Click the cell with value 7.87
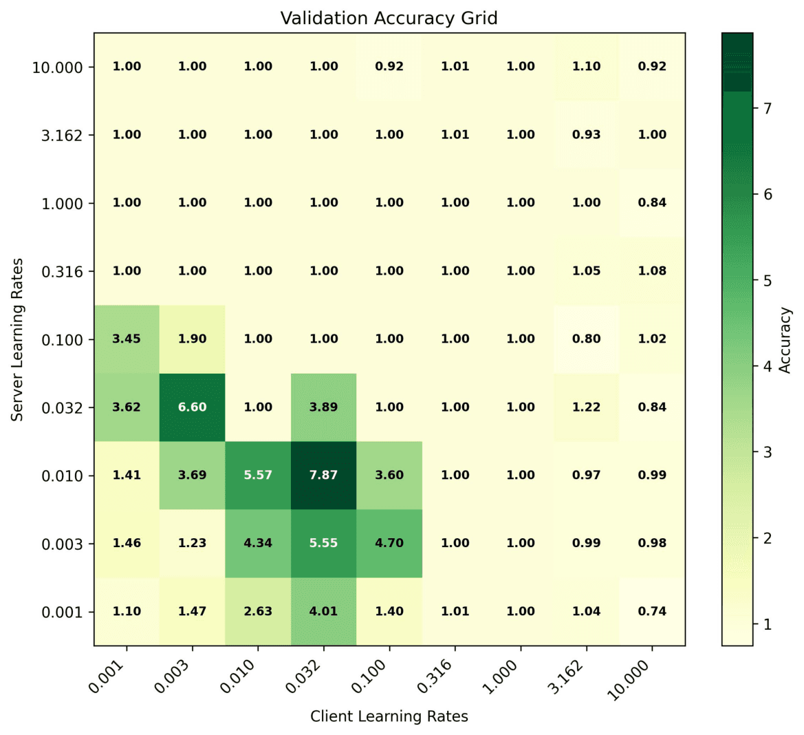point(323,475)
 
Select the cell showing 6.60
point(192,407)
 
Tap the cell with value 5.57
point(258,475)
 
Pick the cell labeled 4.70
point(389,543)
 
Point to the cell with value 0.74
point(652,611)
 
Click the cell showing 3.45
point(127,339)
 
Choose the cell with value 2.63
point(258,611)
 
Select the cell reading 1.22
point(586,407)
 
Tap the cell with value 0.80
point(586,339)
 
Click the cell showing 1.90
point(192,339)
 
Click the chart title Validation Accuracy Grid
point(389,18)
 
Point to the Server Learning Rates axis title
point(18,339)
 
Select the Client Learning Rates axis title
point(389,716)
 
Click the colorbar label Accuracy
point(785,339)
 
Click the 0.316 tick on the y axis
point(62,272)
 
